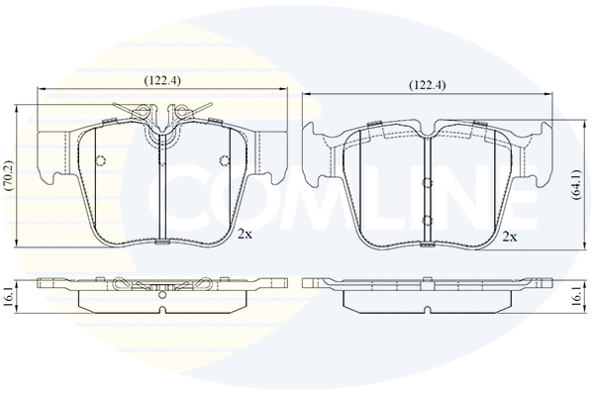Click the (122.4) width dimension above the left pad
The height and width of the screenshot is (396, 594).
(x=161, y=80)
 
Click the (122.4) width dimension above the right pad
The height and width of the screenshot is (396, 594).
(x=427, y=85)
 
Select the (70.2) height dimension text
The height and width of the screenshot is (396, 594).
(x=8, y=175)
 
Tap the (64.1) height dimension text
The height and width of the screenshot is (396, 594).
(x=577, y=184)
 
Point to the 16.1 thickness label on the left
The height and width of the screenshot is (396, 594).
(x=7, y=296)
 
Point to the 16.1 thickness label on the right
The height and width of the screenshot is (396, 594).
(x=576, y=296)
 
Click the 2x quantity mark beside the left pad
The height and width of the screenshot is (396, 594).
(x=245, y=235)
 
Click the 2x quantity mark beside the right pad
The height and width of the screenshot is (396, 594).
(x=510, y=238)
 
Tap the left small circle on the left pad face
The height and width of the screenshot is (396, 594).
(x=100, y=161)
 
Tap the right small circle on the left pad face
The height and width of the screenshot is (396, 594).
(x=225, y=161)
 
